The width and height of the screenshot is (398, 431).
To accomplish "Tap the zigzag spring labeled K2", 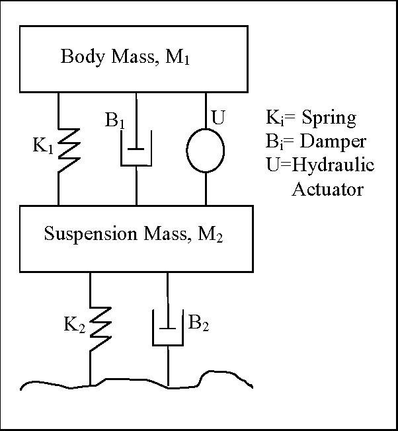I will (x=98, y=325).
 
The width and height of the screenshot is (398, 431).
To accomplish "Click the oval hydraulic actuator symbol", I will (x=206, y=150).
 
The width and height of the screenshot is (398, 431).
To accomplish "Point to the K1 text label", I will (x=44, y=146).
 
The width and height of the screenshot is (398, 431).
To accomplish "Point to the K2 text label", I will (x=75, y=325).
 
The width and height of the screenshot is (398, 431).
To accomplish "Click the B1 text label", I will (x=116, y=122).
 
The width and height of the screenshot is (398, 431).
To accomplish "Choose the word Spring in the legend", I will (x=329, y=119).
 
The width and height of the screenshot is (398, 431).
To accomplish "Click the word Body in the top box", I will (x=79, y=56).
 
